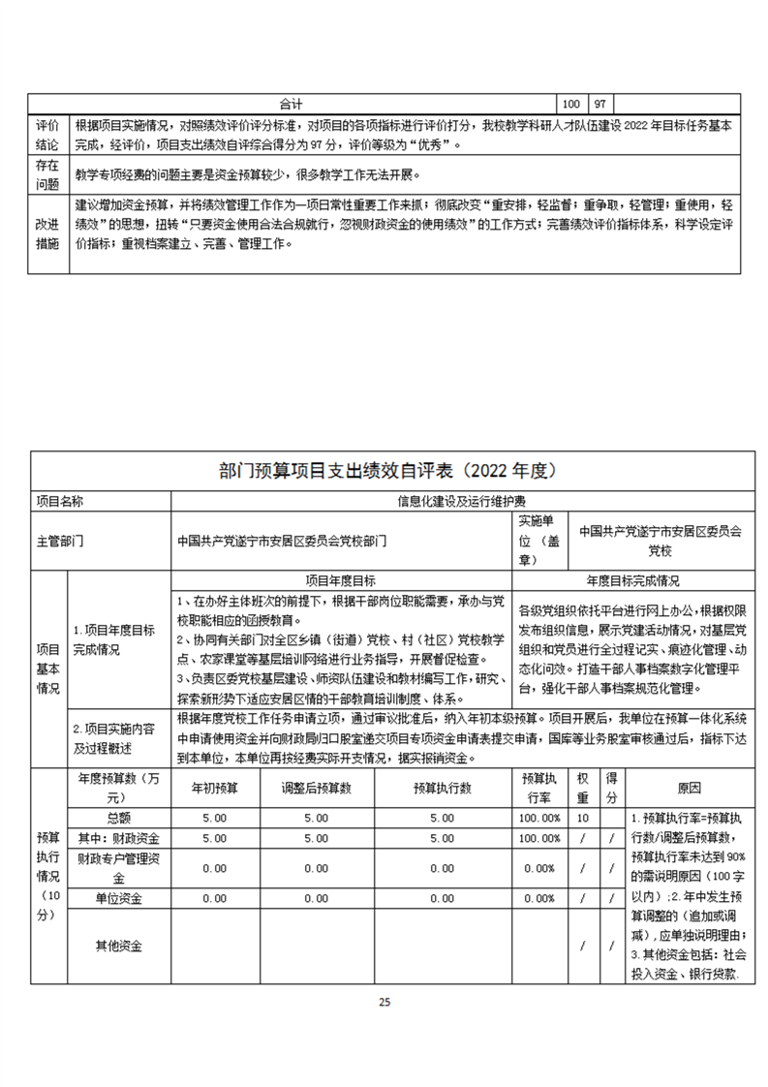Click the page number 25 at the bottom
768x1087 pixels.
click(384, 1002)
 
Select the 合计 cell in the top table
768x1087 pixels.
click(292, 103)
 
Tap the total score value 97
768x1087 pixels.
click(600, 103)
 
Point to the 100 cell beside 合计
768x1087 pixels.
click(571, 103)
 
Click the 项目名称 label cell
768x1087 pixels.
click(60, 501)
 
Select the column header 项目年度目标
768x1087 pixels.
click(340, 580)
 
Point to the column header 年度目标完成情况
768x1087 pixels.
click(632, 580)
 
